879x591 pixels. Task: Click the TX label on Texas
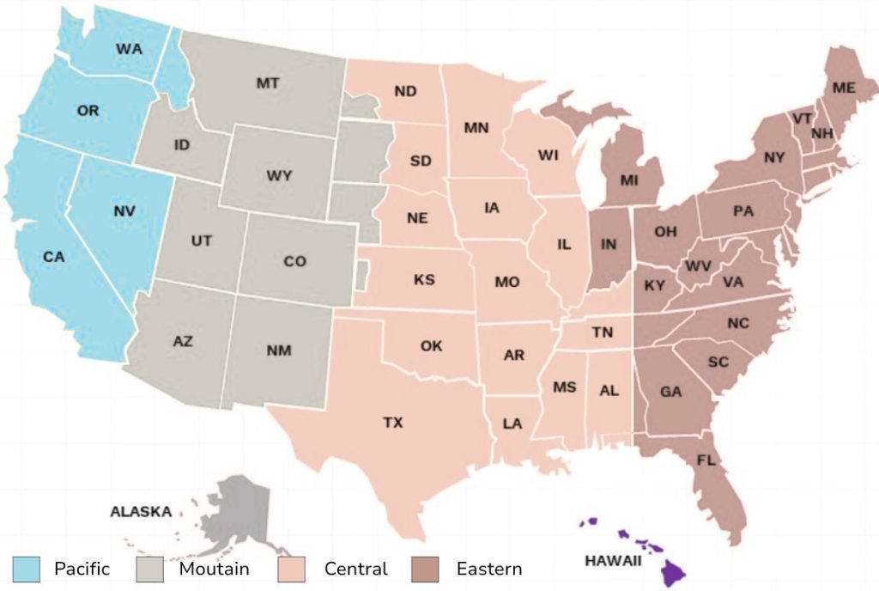click(393, 423)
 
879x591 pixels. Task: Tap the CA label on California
click(54, 256)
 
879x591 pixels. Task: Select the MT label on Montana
click(268, 83)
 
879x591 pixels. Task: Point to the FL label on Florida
click(706, 460)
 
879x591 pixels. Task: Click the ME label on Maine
click(844, 88)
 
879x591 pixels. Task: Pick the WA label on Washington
click(129, 49)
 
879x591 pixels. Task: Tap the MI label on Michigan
click(630, 180)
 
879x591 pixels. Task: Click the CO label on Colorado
click(294, 261)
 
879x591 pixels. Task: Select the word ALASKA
click(141, 512)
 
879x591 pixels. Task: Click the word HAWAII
click(613, 561)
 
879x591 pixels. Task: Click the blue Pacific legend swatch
click(27, 568)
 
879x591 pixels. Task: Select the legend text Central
click(355, 569)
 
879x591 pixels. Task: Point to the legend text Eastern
click(488, 569)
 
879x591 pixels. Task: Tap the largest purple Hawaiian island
click(673, 570)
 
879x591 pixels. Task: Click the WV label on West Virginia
click(698, 266)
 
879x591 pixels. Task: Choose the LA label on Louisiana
click(512, 423)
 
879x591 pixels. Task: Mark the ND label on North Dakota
click(405, 92)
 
